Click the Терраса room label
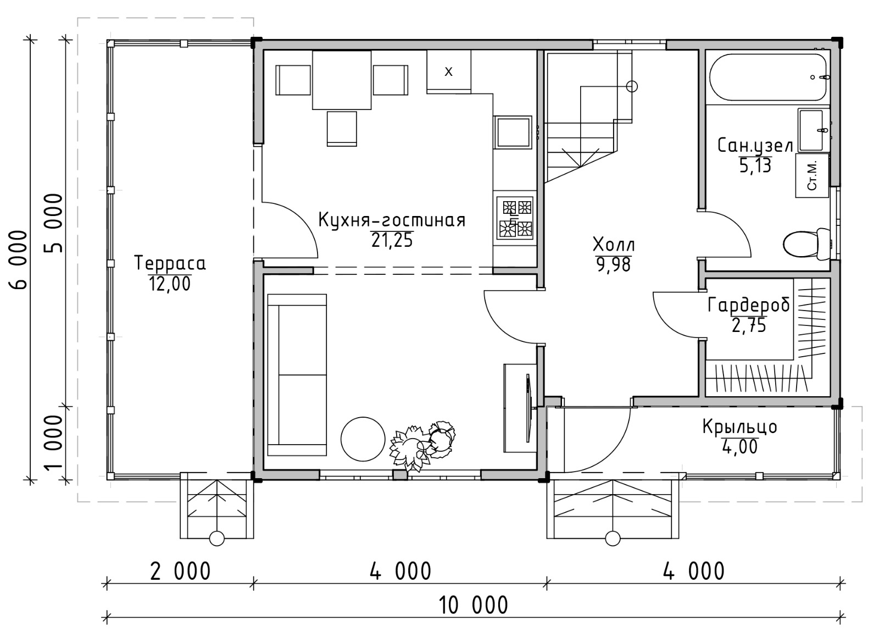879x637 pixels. (x=170, y=263)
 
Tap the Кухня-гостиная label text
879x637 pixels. (x=392, y=220)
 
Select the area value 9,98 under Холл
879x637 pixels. (x=613, y=264)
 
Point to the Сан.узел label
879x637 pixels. (x=755, y=146)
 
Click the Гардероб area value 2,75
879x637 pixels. (x=749, y=325)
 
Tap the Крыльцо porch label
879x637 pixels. (x=739, y=427)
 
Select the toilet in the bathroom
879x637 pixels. (x=806, y=244)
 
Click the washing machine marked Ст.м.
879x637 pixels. (x=812, y=175)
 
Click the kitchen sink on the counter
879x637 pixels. (x=513, y=132)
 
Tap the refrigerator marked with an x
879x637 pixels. (x=449, y=72)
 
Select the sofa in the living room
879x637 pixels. (x=297, y=375)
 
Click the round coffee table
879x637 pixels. (x=363, y=439)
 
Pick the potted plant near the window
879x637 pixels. (x=422, y=446)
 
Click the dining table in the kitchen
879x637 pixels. (x=342, y=80)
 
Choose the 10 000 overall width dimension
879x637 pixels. (x=473, y=605)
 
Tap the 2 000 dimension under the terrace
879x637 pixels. (x=180, y=571)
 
